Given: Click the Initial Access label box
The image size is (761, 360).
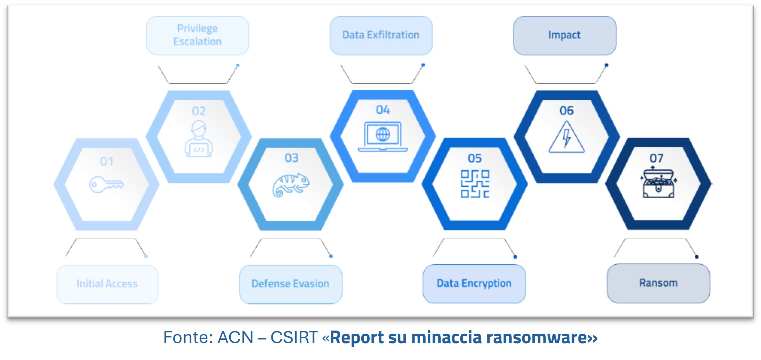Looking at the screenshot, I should click(x=107, y=284).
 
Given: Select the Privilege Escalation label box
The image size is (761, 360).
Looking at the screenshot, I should click(x=198, y=35).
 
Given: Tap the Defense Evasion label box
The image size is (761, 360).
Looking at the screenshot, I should click(x=290, y=284).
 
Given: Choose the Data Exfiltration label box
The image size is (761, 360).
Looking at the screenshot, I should click(x=381, y=35).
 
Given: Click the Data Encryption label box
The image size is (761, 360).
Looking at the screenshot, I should click(x=474, y=284).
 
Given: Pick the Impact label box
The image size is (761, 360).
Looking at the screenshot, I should click(x=564, y=35).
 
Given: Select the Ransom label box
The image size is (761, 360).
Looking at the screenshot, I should click(x=658, y=283).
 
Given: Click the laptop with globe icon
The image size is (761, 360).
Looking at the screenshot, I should click(x=383, y=137).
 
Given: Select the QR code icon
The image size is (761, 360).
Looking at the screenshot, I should click(x=475, y=184).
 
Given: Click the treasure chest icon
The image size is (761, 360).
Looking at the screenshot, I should click(x=658, y=184).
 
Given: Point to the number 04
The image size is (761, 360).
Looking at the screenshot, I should click(x=383, y=110).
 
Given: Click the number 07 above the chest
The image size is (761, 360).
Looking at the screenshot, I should click(x=656, y=158).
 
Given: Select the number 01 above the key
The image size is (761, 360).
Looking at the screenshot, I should click(x=107, y=161).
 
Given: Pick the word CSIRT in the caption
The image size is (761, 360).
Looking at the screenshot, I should click(x=294, y=337).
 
